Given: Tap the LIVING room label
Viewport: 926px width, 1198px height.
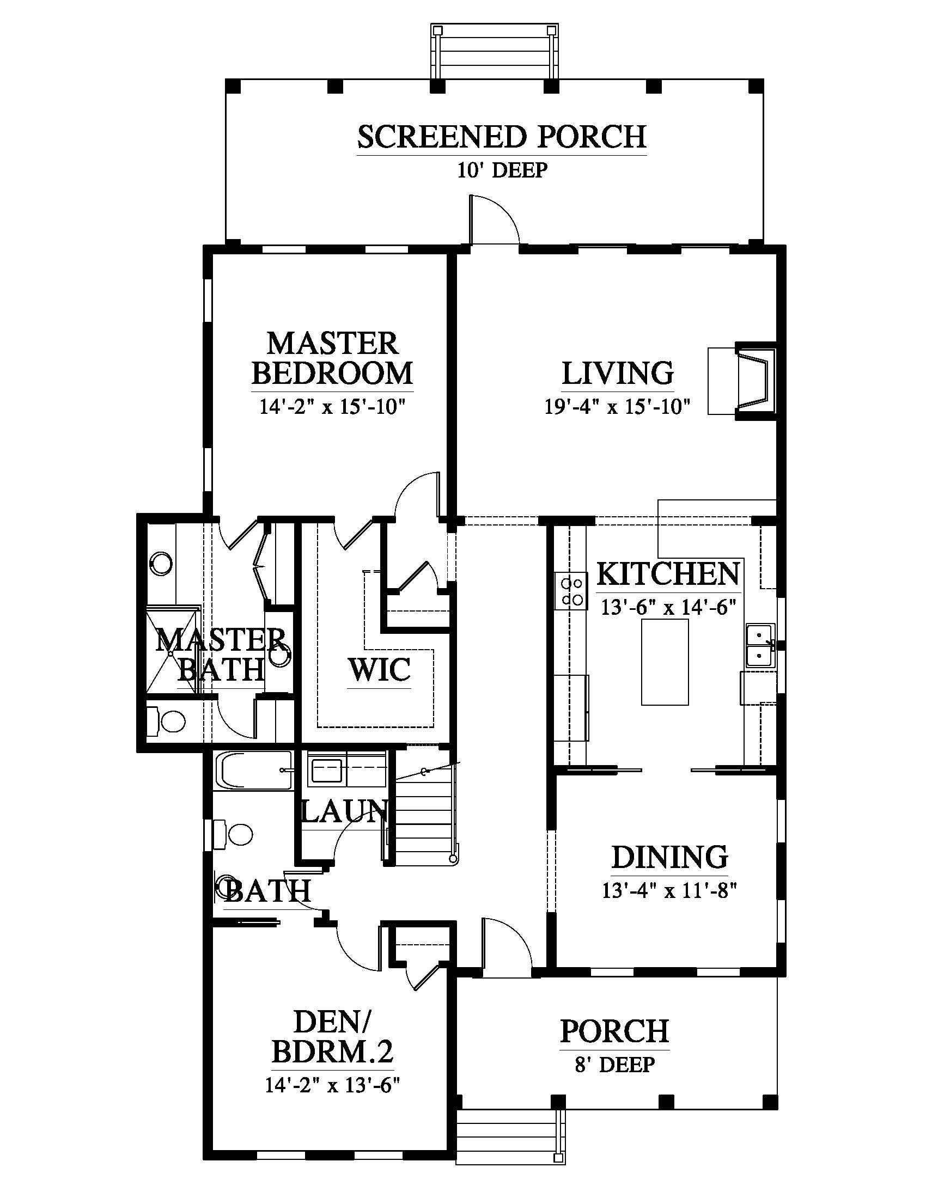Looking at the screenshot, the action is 618,373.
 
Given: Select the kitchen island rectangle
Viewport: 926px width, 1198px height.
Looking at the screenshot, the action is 665,662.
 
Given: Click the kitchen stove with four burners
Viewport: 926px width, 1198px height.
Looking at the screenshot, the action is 571,591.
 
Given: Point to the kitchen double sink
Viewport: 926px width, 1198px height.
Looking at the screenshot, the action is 760,646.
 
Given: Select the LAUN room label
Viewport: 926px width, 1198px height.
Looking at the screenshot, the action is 344,811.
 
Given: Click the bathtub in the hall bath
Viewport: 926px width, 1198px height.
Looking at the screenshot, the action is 253,771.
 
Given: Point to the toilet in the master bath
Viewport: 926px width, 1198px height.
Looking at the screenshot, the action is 167,721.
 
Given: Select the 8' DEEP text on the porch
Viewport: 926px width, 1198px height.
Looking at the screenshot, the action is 614,1065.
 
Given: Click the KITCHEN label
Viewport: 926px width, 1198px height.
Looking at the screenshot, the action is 668,574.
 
